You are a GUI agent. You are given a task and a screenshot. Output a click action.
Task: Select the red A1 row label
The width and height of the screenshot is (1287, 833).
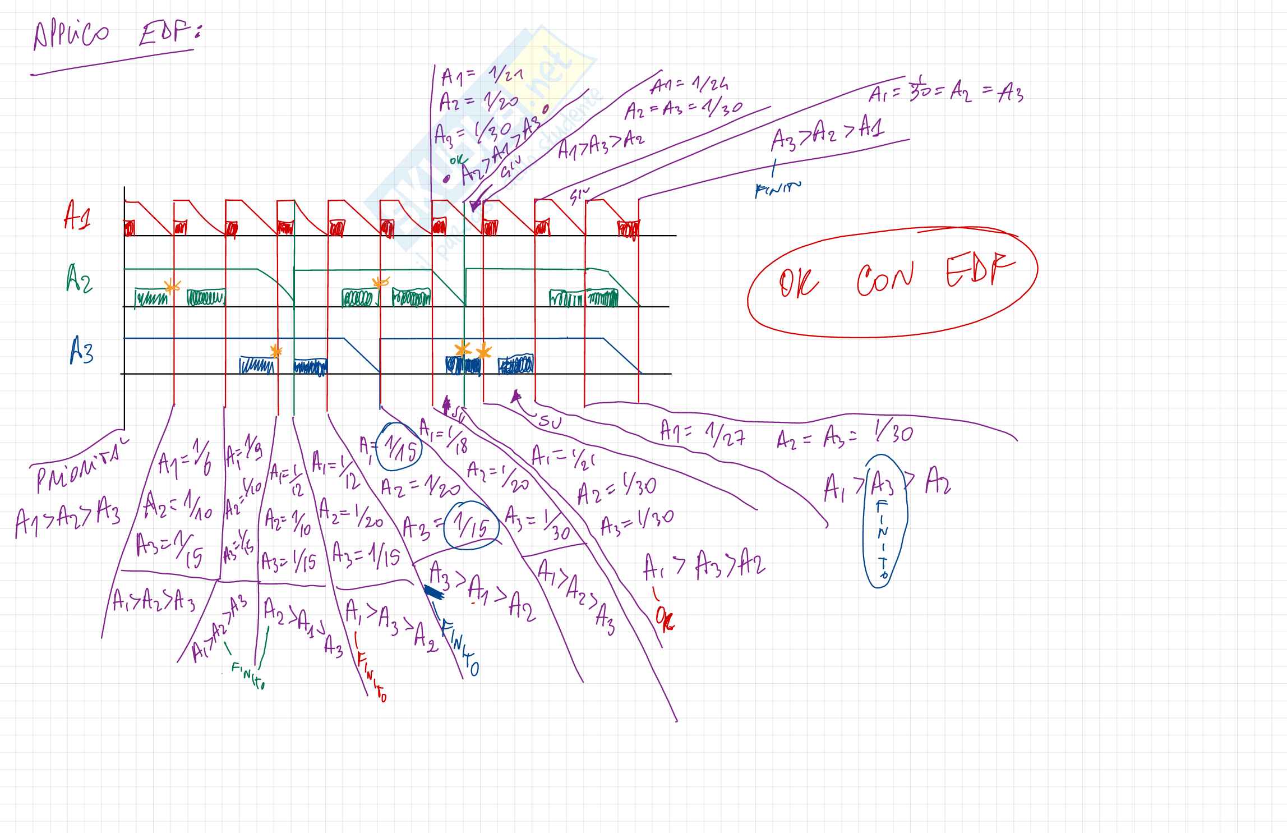(x=77, y=215)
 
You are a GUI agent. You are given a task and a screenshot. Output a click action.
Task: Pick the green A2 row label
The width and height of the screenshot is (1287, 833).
(x=79, y=279)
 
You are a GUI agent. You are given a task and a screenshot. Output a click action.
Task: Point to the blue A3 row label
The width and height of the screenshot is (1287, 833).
(x=82, y=351)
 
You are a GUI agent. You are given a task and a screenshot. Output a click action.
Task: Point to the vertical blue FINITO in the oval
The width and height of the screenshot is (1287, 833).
(x=883, y=539)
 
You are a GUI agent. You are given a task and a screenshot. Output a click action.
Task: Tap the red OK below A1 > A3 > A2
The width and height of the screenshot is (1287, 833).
(x=665, y=619)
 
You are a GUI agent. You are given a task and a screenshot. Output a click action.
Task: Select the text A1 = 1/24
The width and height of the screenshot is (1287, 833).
(x=690, y=87)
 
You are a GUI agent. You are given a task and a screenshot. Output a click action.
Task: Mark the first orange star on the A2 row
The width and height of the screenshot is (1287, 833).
(x=172, y=287)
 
